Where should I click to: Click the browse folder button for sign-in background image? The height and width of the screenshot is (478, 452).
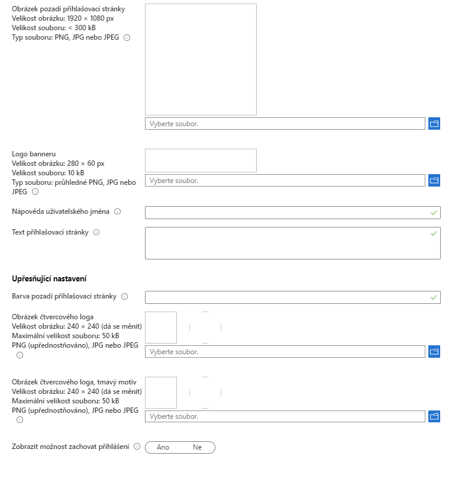[434, 124]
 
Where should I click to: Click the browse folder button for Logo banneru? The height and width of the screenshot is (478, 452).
[434, 180]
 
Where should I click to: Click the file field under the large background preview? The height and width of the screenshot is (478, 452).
[285, 124]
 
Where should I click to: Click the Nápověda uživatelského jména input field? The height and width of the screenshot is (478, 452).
[287, 212]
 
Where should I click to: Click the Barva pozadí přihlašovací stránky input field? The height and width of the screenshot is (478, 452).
[287, 297]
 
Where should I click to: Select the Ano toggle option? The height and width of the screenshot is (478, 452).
[163, 447]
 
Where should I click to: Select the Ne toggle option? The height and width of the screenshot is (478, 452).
[197, 447]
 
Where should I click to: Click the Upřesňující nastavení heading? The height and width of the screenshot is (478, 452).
[50, 278]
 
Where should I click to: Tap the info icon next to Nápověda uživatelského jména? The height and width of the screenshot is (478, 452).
[117, 211]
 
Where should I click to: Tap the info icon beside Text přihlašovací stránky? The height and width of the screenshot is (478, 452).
[96, 232]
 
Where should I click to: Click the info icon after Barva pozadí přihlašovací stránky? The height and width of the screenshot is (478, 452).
[124, 296]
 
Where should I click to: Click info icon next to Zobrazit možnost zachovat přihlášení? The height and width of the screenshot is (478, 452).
[137, 447]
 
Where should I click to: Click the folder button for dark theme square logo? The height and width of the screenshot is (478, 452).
[434, 416]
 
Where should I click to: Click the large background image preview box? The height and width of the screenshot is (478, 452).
[201, 59]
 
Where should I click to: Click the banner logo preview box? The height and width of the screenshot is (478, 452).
[201, 160]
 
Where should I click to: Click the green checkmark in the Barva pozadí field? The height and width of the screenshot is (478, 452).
[434, 297]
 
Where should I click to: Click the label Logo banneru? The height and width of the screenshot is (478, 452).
[34, 154]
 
